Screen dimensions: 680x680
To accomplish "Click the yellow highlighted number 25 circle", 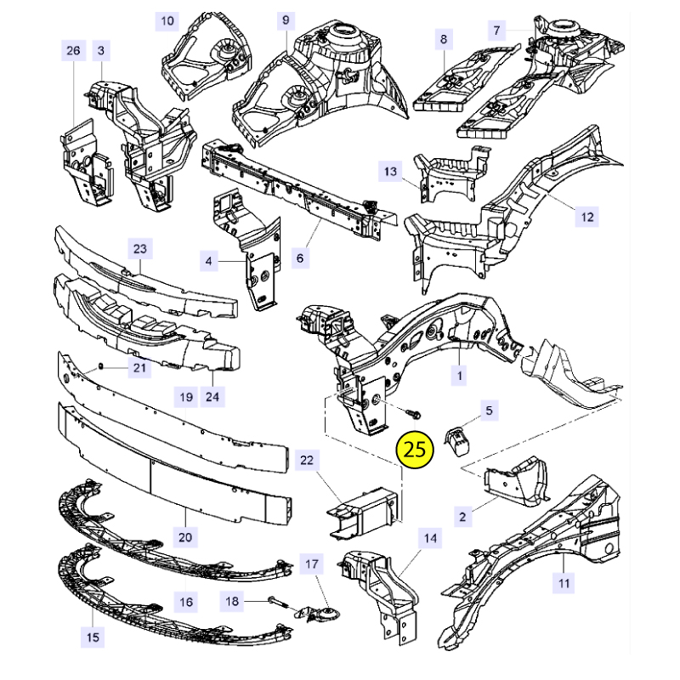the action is click(415, 450).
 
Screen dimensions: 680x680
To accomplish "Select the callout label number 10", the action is click(167, 21).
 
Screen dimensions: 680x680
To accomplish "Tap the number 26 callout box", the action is click(73, 51).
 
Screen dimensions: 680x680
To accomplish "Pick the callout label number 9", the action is click(286, 20).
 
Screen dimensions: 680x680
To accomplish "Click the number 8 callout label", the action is click(443, 39).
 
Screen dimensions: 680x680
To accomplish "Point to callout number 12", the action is click(587, 217).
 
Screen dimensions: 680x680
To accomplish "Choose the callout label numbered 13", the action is click(390, 172).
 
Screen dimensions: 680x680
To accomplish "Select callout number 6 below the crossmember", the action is click(300, 258).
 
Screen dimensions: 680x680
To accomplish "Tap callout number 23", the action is click(140, 249).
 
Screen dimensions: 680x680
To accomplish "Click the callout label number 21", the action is click(139, 368).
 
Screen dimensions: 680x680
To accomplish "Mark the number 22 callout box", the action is click(307, 460).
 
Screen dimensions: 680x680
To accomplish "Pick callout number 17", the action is click(312, 564).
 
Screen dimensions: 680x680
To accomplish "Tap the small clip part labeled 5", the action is click(456, 442).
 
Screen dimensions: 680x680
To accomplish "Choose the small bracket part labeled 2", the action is click(516, 480).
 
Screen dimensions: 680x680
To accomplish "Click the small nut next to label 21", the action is click(100, 367).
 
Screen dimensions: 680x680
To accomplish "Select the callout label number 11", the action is click(564, 583).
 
